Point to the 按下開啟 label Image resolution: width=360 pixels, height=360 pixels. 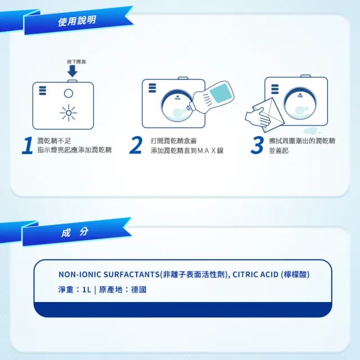(x=72, y=61)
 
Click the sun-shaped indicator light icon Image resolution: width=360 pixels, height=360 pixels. (x=69, y=112)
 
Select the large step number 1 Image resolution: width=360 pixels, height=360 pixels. (x=26, y=145)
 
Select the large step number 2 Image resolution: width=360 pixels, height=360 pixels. (x=136, y=145)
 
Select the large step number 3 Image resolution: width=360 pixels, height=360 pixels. (x=257, y=145)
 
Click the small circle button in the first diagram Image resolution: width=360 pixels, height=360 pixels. (x=69, y=93)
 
